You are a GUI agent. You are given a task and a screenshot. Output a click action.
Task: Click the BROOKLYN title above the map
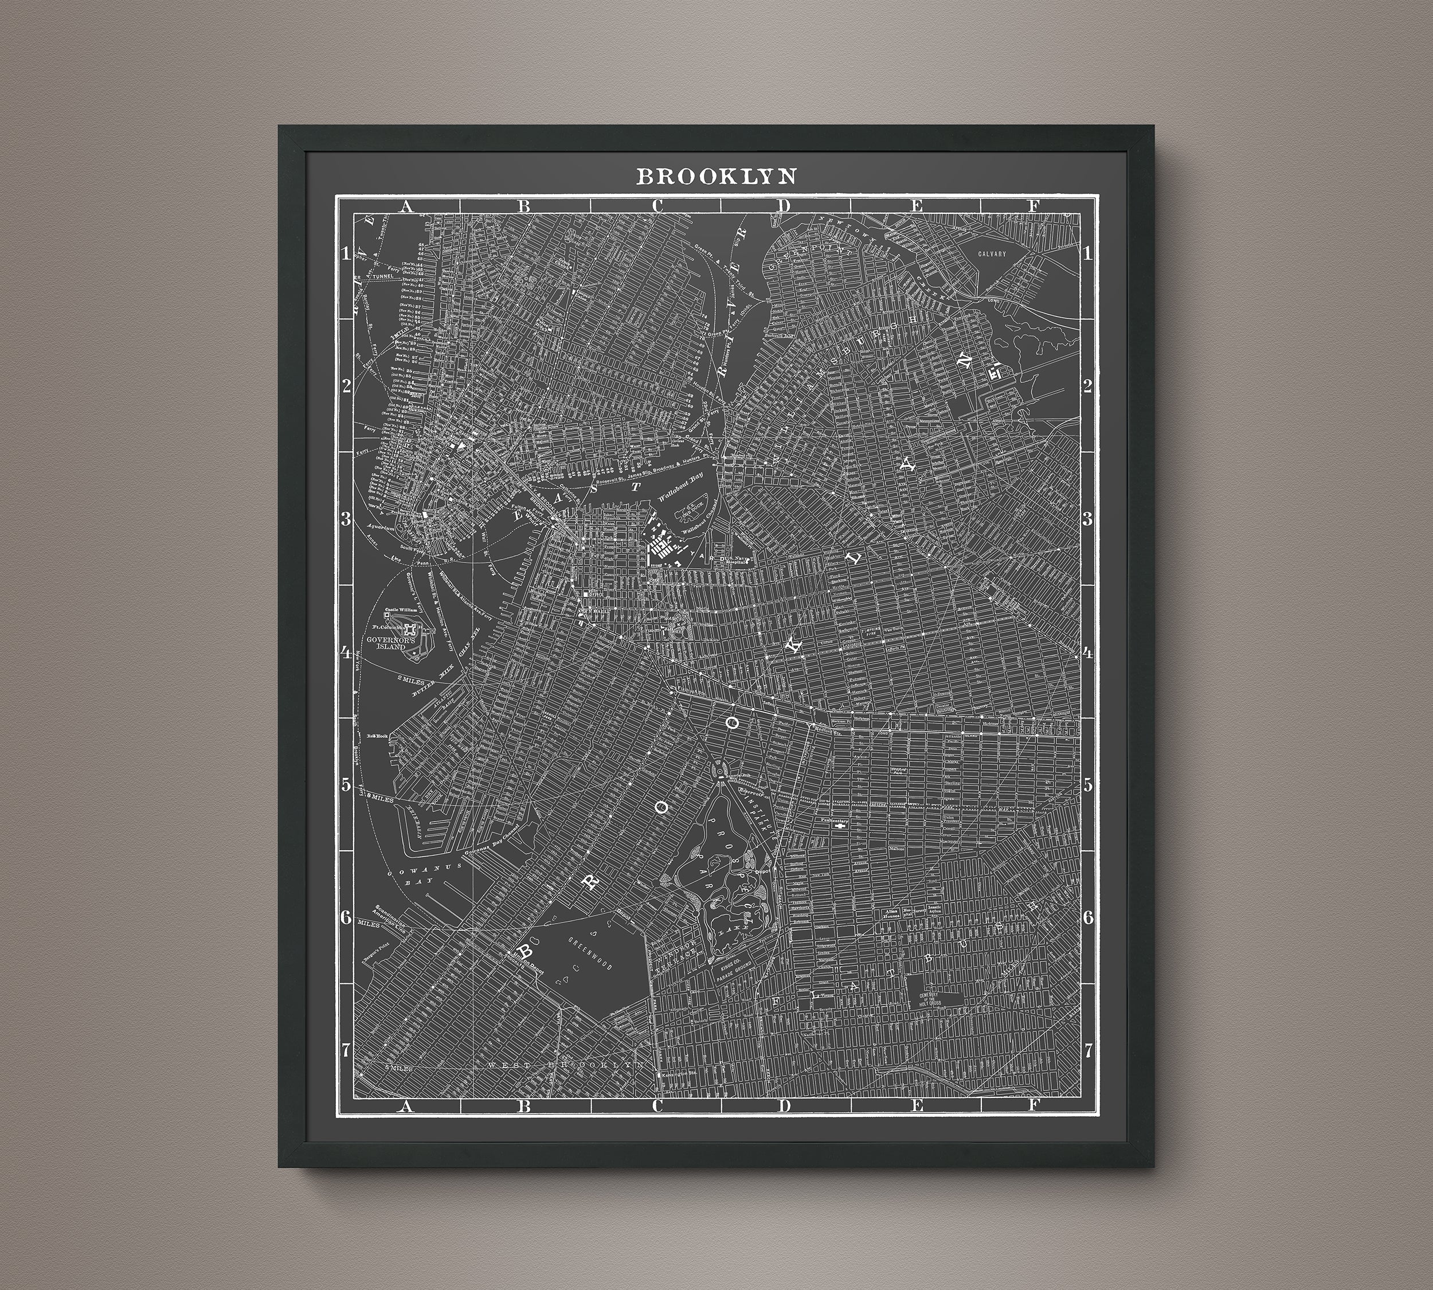tap(716, 176)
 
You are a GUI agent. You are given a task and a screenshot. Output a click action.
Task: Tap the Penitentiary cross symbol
tap(840, 826)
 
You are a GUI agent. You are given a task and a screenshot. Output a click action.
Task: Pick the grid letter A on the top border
tap(406, 206)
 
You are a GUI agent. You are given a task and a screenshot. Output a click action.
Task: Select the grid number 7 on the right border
tap(1088, 1050)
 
